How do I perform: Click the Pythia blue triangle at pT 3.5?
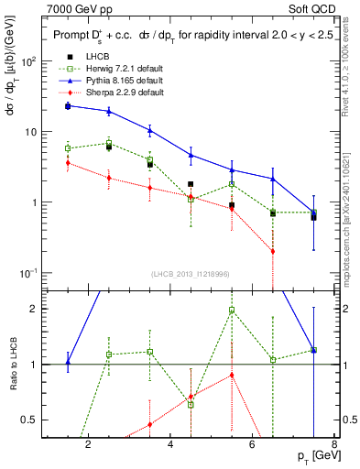tap(149, 130)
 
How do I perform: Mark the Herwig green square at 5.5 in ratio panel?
tap(232, 310)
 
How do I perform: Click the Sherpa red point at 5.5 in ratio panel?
tap(232, 375)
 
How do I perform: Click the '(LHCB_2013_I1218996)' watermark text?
tap(191, 274)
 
